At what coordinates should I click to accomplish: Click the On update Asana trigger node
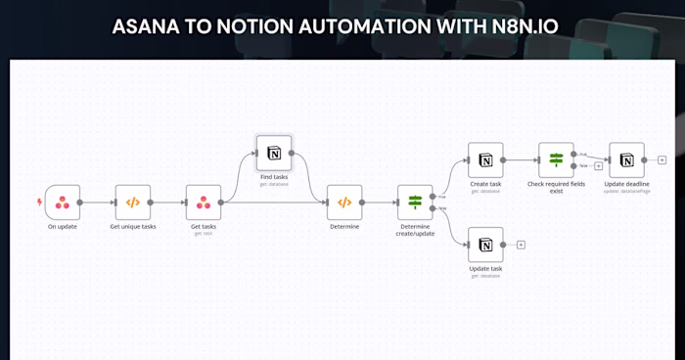point(63,202)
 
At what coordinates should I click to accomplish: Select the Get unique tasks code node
point(133,202)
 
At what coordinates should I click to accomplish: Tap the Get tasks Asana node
point(204,202)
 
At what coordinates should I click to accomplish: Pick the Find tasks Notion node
point(274,154)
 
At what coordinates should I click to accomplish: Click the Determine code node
point(344,202)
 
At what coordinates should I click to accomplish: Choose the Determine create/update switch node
point(415,202)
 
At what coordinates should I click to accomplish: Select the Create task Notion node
point(485,159)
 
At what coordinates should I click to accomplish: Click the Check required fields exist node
point(556,159)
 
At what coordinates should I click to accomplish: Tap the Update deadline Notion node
point(626,159)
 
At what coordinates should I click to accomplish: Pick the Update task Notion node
point(485,245)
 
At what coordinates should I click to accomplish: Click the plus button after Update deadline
point(662,159)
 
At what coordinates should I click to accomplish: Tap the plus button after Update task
point(521,245)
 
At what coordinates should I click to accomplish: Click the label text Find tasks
point(274,176)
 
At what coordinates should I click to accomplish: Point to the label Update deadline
point(626,183)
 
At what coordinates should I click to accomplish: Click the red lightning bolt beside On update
point(39,202)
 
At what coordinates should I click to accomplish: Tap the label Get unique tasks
point(133,226)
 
